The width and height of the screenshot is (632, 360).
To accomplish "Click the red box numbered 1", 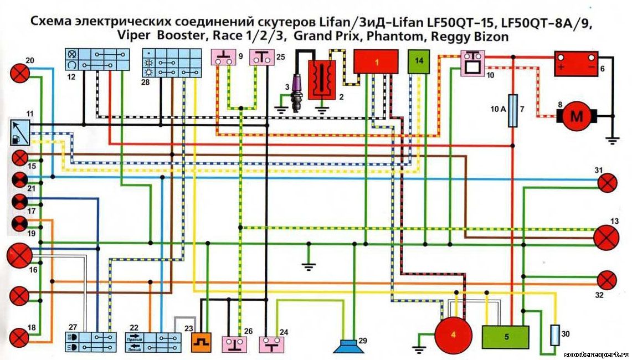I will coord(376,61).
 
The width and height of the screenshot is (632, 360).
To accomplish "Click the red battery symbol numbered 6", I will coord(576,64).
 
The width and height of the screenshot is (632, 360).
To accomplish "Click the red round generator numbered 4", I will coord(453,335).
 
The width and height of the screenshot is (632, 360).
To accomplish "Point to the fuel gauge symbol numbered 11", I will coord(20,133).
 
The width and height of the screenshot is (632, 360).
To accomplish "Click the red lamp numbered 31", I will coord(608,183).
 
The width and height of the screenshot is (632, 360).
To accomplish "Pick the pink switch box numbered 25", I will coord(260,58).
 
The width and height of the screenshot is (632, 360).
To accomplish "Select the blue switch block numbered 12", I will coord(105,59).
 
